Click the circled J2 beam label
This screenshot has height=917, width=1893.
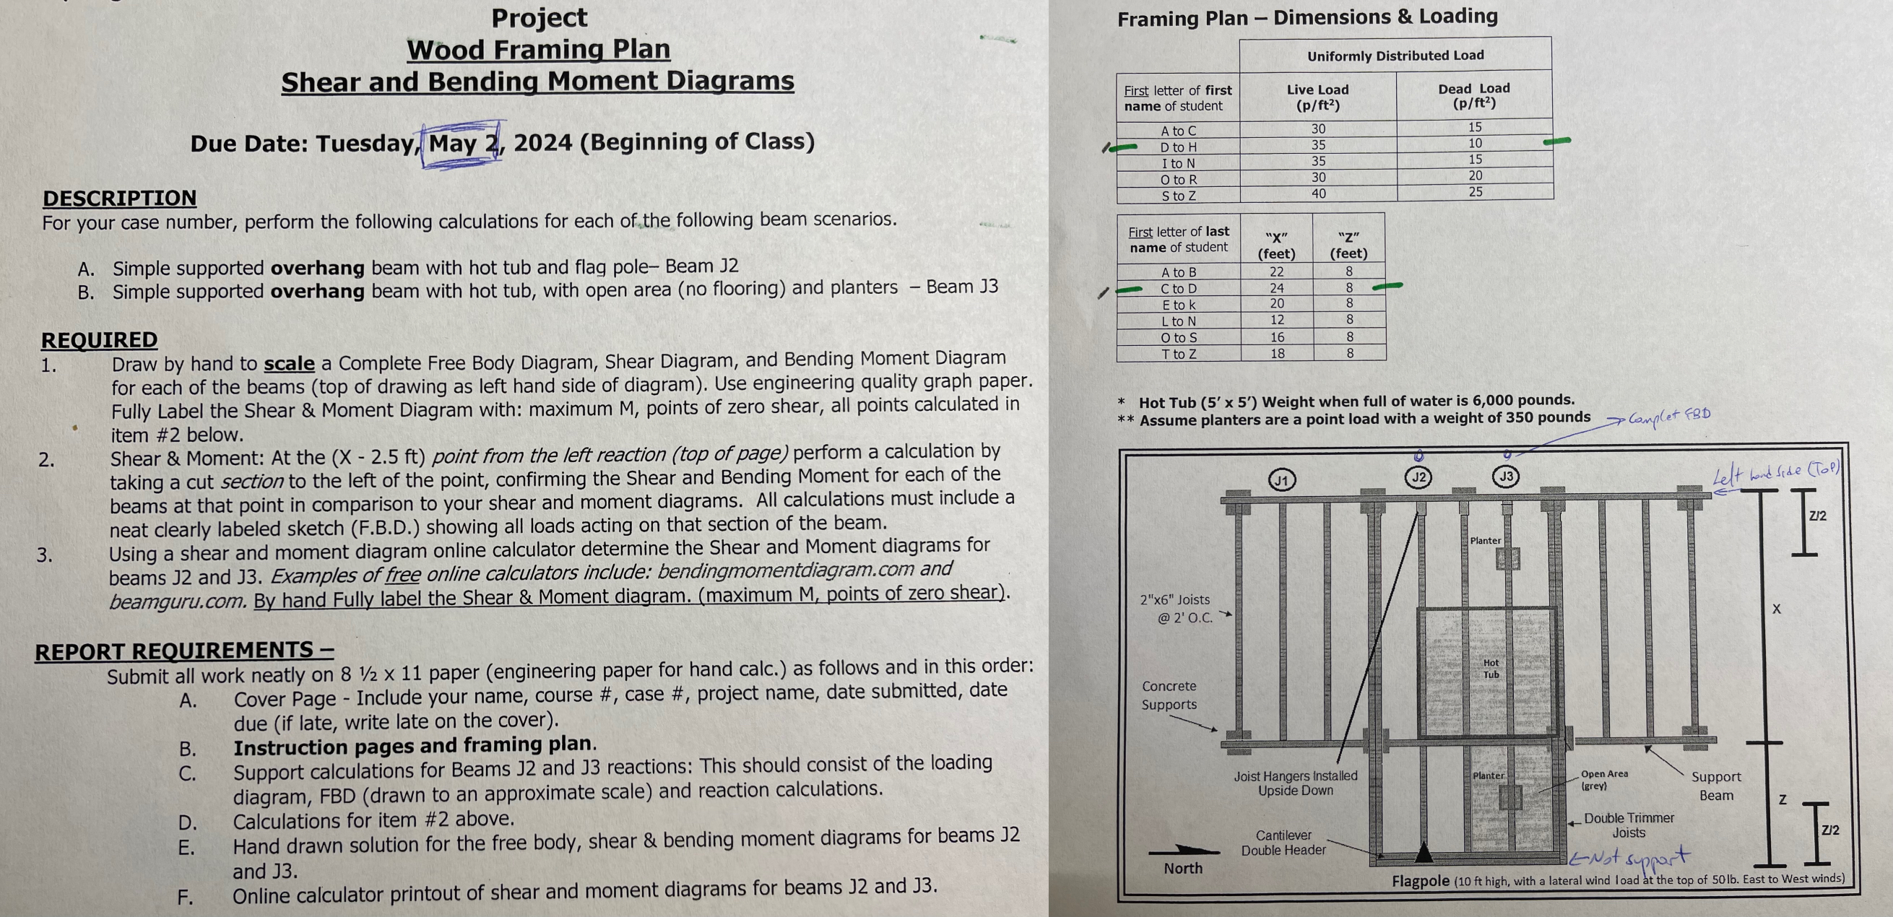point(1418,477)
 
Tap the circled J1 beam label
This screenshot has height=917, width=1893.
point(1282,481)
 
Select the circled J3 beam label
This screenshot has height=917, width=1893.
point(1506,476)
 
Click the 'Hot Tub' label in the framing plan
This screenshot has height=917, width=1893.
point(1490,669)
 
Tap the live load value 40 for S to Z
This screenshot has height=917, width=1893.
point(1318,194)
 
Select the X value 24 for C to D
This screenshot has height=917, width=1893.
point(1276,288)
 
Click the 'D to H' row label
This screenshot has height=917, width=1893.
point(1178,147)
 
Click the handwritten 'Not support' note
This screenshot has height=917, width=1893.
point(1629,859)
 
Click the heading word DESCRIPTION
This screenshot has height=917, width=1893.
point(119,198)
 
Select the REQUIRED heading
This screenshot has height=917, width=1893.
point(99,339)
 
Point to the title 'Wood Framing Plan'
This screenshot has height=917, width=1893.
point(538,49)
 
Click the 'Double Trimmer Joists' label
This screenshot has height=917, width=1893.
point(1629,825)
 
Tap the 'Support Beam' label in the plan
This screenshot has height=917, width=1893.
point(1715,786)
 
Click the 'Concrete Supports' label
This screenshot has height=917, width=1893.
point(1169,695)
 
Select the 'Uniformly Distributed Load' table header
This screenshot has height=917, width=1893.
point(1395,55)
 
